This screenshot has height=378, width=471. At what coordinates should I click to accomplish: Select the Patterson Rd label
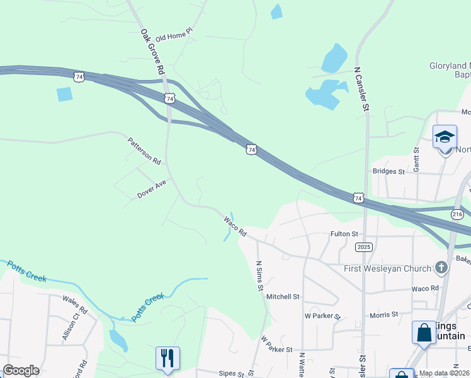pyautogui.click(x=144, y=151)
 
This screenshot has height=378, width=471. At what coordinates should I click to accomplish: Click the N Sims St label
pyautogui.click(x=259, y=276)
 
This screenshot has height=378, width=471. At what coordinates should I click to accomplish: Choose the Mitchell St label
pyautogui.click(x=283, y=296)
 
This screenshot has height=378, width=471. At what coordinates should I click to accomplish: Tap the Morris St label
pyautogui.click(x=384, y=314)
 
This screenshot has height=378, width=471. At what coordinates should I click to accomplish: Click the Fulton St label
pyautogui.click(x=344, y=234)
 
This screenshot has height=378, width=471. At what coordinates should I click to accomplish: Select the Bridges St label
pyautogui.click(x=389, y=171)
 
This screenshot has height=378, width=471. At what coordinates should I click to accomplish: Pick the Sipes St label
pyautogui.click(x=231, y=374)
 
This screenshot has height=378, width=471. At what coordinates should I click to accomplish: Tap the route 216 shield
pyautogui.click(x=458, y=214)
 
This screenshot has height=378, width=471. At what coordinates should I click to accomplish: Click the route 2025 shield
pyautogui.click(x=364, y=246)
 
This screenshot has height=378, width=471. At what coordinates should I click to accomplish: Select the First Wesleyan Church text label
pyautogui.click(x=387, y=269)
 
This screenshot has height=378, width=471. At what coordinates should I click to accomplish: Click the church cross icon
pyautogui.click(x=441, y=268)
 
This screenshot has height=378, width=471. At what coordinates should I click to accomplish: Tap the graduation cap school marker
pyautogui.click(x=445, y=137)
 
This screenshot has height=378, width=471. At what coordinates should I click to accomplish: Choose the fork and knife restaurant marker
pyautogui.click(x=167, y=358)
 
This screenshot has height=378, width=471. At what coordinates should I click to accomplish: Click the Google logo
pyautogui.click(x=21, y=370)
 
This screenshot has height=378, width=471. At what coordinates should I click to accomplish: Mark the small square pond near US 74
pyautogui.click(x=64, y=94)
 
